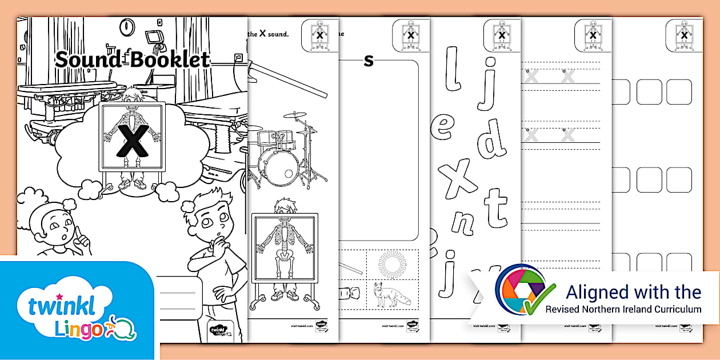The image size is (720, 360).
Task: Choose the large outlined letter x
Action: pos(461,177)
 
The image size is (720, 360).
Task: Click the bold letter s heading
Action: pos(369,60)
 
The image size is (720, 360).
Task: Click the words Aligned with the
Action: pos(633,292)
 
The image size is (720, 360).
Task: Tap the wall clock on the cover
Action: pos(126,26)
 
